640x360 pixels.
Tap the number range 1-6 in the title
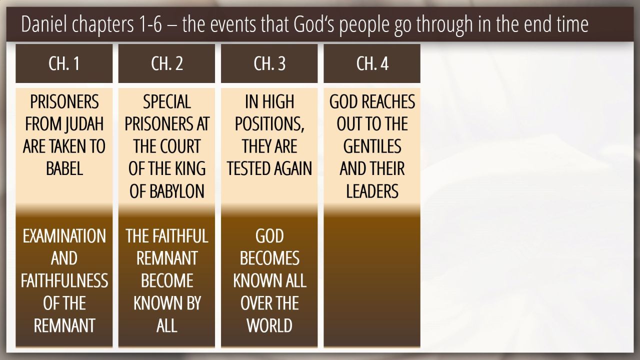[x=151, y=24]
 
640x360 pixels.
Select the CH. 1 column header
[x=64, y=63]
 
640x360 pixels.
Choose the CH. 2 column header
[x=166, y=63]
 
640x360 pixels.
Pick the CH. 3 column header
[x=269, y=63]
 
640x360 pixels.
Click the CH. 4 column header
[x=372, y=63]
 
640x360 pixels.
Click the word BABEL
[x=64, y=168]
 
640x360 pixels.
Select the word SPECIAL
[x=167, y=101]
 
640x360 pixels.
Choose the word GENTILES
[x=372, y=146]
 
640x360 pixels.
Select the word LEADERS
[x=372, y=191]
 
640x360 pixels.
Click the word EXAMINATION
[x=64, y=236]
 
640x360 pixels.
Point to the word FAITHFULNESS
[x=64, y=280]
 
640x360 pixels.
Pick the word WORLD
[x=269, y=325]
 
